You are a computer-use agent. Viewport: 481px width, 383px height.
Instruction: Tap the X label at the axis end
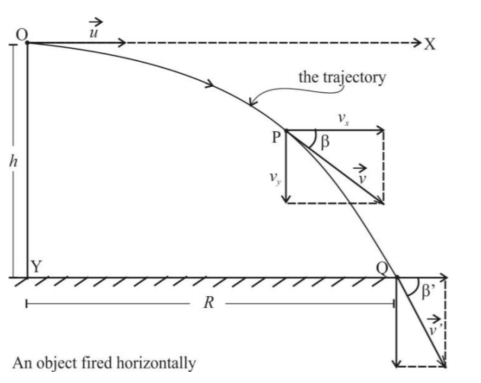point(430,44)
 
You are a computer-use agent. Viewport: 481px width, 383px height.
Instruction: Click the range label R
point(206,304)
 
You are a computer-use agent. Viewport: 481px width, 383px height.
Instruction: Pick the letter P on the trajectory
point(277,137)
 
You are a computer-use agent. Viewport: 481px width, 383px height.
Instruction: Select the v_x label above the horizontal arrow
point(343,119)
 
